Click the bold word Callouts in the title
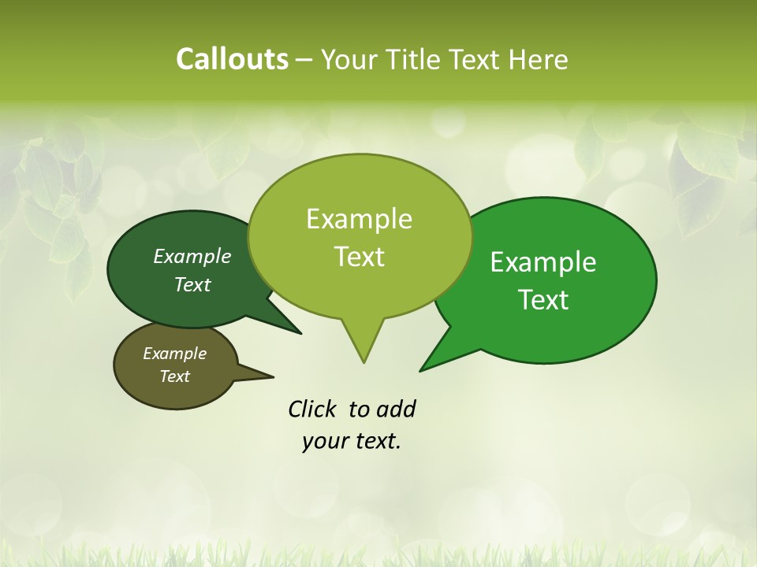click(232, 59)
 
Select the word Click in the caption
click(313, 409)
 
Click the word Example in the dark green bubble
click(192, 256)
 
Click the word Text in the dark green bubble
click(192, 284)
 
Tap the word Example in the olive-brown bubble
click(174, 354)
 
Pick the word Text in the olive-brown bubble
click(174, 376)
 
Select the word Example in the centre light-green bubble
click(359, 219)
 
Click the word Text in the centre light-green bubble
click(359, 257)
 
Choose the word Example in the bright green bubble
click(543, 262)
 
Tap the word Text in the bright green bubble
click(543, 300)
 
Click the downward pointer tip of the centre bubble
click(364, 362)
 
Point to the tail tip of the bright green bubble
click(420, 371)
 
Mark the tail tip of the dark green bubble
click(301, 334)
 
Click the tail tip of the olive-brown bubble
click(274, 377)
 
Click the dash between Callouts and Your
click(305, 59)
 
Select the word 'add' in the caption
click(395, 409)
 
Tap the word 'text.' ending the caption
click(375, 442)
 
